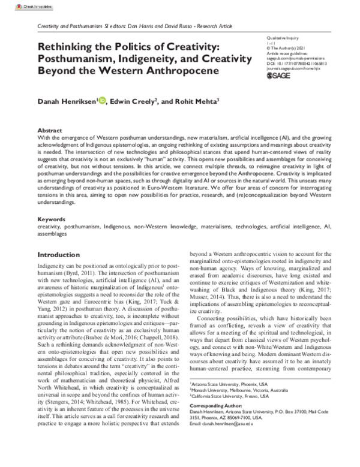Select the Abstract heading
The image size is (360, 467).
(x=50, y=130)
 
